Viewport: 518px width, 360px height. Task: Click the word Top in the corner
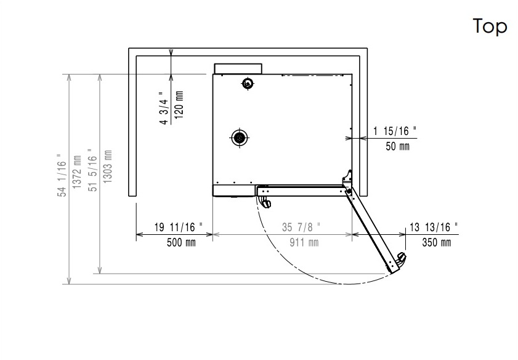click(490, 27)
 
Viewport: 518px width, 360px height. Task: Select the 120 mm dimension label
click(179, 104)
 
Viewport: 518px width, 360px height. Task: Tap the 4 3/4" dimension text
click(164, 108)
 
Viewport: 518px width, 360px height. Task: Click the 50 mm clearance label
click(397, 146)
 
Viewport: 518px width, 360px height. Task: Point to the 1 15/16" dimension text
click(395, 131)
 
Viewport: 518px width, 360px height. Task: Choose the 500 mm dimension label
click(181, 242)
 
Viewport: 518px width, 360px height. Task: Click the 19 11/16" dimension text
click(179, 227)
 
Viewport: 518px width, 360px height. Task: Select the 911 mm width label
click(304, 242)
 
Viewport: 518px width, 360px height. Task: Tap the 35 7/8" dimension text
click(301, 227)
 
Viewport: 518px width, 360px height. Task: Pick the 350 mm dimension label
click(437, 242)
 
